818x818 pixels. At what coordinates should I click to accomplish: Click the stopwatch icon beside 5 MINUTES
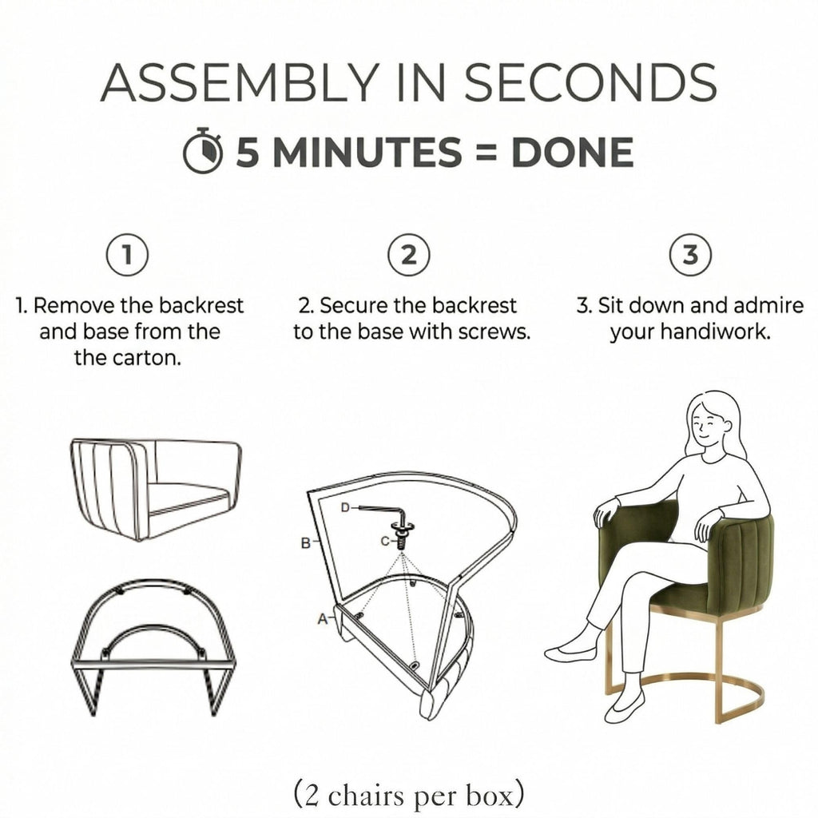[x=203, y=151]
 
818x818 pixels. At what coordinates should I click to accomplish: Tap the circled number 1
[x=127, y=255]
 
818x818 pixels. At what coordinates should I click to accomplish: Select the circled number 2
[x=409, y=255]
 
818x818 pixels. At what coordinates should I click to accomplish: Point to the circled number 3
[x=691, y=255]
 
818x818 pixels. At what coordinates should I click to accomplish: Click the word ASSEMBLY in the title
[x=240, y=83]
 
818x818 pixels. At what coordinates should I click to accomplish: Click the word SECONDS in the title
[x=590, y=83]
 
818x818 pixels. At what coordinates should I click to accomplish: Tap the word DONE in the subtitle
[x=572, y=152]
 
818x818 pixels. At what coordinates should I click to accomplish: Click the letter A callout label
[x=323, y=619]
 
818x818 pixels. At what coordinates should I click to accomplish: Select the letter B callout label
[x=306, y=543]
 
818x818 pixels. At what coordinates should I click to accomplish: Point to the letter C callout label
[x=385, y=542]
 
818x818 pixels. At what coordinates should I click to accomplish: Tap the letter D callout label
[x=345, y=507]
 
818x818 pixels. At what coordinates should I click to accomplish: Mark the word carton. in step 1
[x=128, y=358]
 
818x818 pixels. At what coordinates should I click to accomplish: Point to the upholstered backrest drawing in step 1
[x=156, y=490]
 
